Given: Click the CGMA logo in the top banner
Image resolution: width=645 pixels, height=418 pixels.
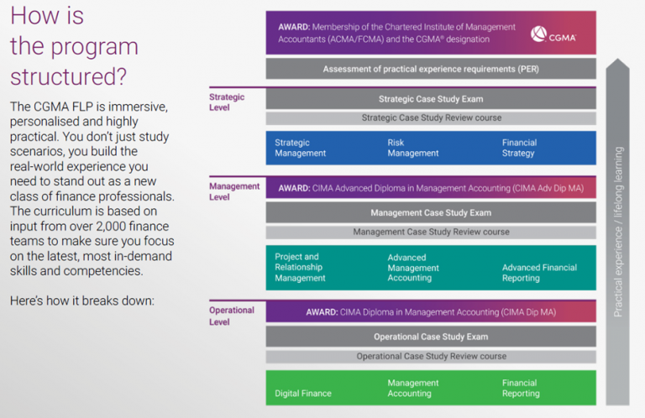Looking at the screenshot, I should click(553, 34).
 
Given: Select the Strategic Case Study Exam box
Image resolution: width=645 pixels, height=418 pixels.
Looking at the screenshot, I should click(431, 99).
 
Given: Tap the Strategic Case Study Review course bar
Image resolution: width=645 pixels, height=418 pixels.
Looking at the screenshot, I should click(431, 118).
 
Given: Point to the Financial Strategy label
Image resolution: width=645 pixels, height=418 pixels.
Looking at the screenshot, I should click(518, 148).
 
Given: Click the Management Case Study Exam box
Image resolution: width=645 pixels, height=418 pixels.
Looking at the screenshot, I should click(431, 213).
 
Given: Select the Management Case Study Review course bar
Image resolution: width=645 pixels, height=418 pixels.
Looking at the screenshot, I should click(431, 232).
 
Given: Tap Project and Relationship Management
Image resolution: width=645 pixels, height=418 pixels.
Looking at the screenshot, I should click(300, 267).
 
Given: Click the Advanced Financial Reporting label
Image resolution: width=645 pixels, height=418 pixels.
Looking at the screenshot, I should click(539, 273).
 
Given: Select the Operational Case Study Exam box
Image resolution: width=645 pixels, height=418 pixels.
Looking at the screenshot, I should click(431, 337).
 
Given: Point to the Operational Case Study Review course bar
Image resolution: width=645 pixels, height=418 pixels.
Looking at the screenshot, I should click(431, 356).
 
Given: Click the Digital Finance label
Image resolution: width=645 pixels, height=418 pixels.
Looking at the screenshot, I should click(303, 393).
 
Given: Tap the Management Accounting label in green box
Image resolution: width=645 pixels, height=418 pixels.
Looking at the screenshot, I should click(409, 388).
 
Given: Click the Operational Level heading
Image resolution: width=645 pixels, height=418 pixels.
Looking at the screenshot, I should click(232, 316).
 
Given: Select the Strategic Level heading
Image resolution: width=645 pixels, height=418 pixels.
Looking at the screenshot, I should click(227, 102).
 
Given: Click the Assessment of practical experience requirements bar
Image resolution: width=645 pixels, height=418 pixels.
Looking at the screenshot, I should click(431, 69).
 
